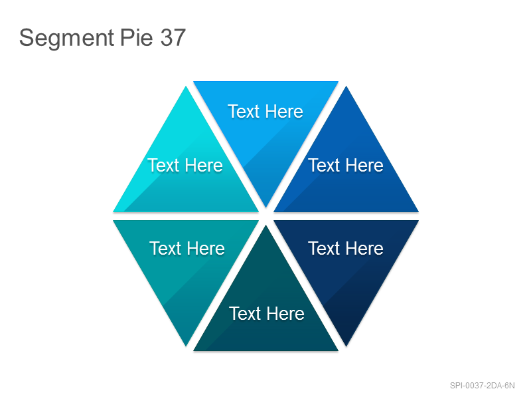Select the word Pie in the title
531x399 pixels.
[x=137, y=37]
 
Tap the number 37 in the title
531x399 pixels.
[x=173, y=37]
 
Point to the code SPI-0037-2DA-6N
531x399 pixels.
[x=483, y=386]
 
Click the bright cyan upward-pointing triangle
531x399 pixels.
[x=186, y=170]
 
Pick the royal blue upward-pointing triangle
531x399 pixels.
[x=346, y=170]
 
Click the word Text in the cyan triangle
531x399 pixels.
[x=164, y=166]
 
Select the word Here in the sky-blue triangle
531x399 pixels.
[x=285, y=112]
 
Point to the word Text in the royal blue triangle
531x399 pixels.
[x=325, y=166]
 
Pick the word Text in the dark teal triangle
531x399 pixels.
[x=246, y=313]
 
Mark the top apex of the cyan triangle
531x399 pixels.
[x=186, y=86]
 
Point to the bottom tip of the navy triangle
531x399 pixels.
[x=346, y=346]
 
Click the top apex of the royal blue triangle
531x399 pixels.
[x=346, y=86]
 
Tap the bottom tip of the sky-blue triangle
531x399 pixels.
[x=266, y=207]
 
